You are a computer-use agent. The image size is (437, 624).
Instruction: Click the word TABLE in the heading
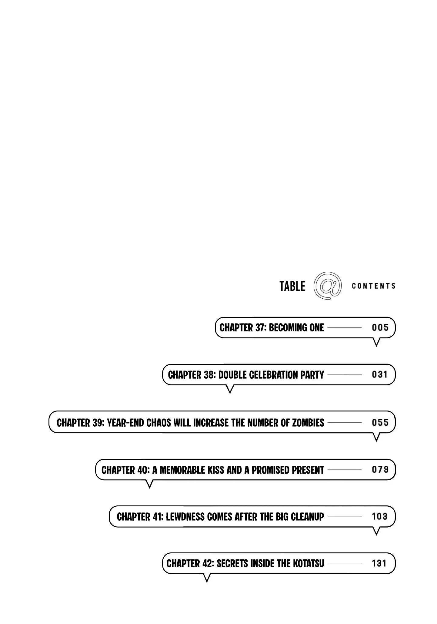tap(292, 286)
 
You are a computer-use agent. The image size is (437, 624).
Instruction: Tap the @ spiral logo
tap(328, 286)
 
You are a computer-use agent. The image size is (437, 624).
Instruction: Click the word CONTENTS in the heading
tap(374, 286)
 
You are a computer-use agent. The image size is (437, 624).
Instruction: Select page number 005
tap(380, 327)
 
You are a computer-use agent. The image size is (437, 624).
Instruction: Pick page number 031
tap(380, 374)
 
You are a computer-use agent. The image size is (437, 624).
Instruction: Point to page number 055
tap(380, 422)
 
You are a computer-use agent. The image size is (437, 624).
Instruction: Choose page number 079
tap(380, 470)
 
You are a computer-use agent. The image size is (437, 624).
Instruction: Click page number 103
tap(380, 516)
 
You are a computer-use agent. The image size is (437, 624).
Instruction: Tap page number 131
tap(379, 563)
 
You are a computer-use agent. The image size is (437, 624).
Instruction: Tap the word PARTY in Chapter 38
tap(312, 375)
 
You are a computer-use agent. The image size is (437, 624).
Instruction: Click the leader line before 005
tap(345, 327)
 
